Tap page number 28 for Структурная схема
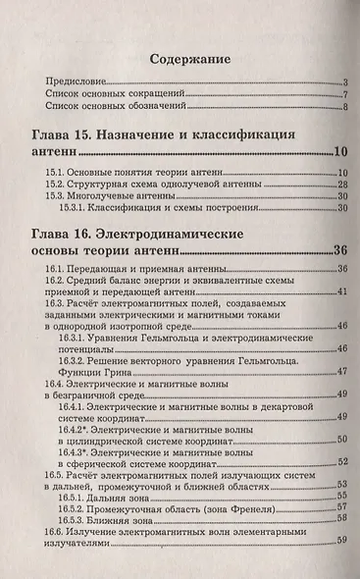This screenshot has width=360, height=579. pyautogui.click(x=343, y=184)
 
